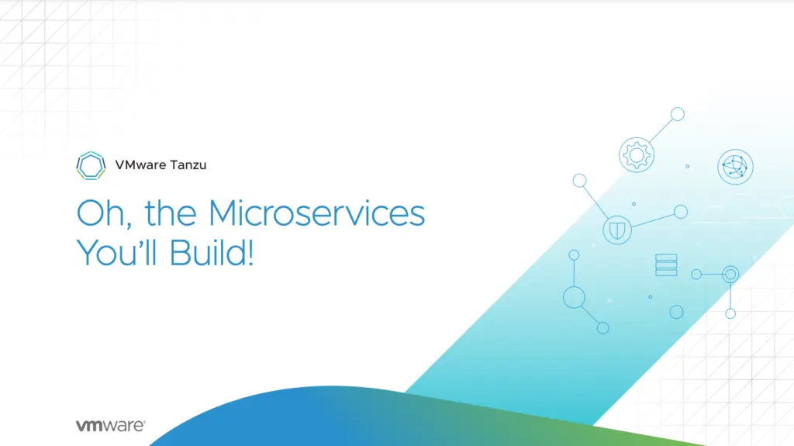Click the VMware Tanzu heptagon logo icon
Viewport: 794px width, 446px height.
pyautogui.click(x=92, y=164)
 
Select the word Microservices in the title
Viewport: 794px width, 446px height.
pyautogui.click(x=317, y=213)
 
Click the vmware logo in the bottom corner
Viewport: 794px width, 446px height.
pyautogui.click(x=110, y=426)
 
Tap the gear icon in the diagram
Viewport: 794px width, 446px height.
pyautogui.click(x=637, y=154)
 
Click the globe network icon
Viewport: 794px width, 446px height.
pyautogui.click(x=735, y=166)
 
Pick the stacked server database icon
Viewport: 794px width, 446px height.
pyautogui.click(x=666, y=264)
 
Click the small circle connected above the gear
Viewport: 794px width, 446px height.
pyautogui.click(x=677, y=115)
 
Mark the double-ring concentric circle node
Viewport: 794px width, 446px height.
pyautogui.click(x=730, y=274)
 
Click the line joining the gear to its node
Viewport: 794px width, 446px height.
pyautogui.click(x=660, y=131)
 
